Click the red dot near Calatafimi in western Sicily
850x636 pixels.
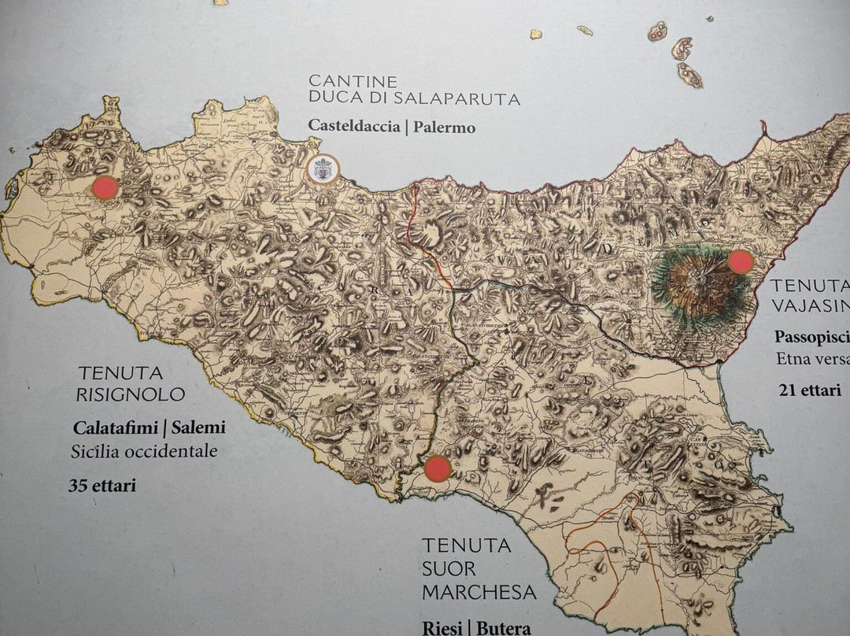coord(105,188)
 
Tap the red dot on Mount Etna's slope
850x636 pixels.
coord(741,262)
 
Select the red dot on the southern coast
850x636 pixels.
coord(438,469)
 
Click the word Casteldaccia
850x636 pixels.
coord(353,126)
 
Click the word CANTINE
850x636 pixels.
coord(342,81)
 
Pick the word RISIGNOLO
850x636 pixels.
coord(130,394)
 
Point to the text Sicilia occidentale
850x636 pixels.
coord(144,452)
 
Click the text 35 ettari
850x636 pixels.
coord(102,486)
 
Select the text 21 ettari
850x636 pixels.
coord(810,390)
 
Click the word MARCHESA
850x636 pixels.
coord(479,591)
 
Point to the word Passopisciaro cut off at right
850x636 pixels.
coord(811,337)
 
